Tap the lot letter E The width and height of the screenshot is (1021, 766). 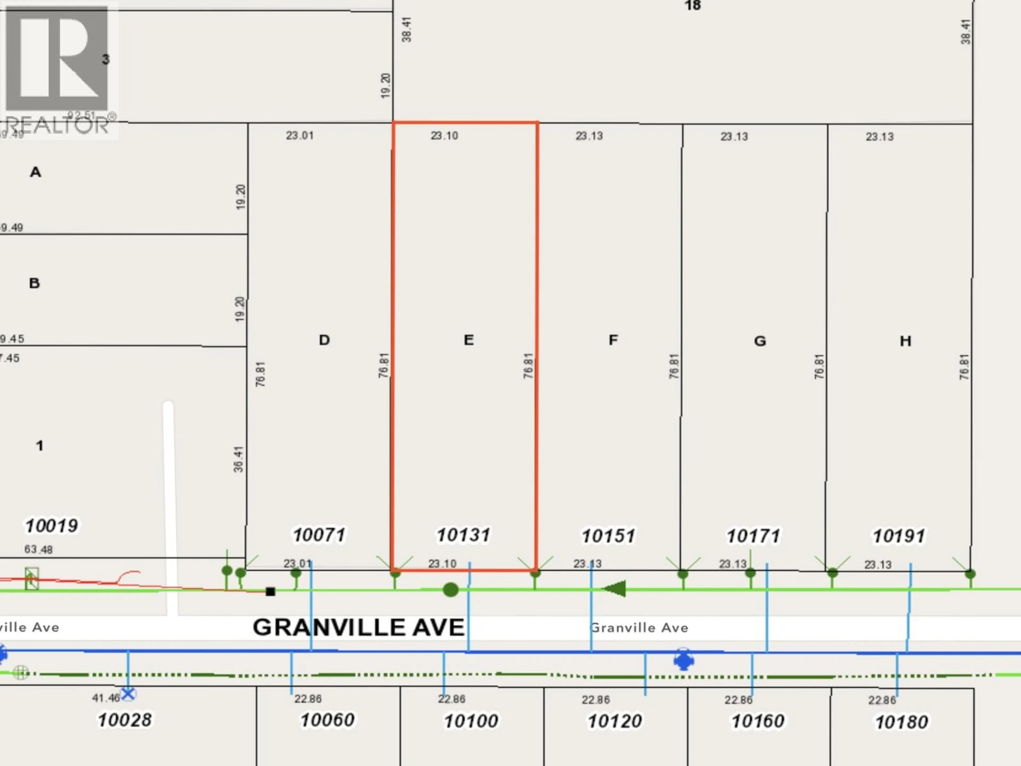point(468,340)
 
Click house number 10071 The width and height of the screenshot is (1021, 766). point(319,535)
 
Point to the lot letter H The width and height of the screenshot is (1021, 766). point(905,341)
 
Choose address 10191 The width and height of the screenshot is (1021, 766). point(898,536)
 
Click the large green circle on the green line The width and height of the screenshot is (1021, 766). point(450,590)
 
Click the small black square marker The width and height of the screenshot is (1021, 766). point(270,592)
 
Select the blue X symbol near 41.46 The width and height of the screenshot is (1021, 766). point(128,693)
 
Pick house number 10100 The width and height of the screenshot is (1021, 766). point(471,721)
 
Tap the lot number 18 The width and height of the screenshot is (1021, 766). point(692,6)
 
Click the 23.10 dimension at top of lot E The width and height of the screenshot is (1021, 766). point(444,136)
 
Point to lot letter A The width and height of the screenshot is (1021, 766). point(36,172)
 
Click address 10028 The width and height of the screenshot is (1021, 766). point(125,720)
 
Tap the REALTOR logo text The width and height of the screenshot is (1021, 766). point(58,125)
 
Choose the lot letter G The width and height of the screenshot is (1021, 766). point(760,341)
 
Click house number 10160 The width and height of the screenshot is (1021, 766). point(758,721)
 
